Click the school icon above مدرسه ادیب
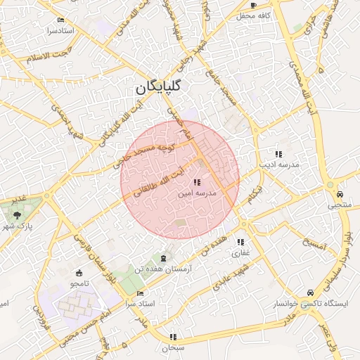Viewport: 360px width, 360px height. click(278, 153)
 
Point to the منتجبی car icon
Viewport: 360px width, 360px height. click(340, 194)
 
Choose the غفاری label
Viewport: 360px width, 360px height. click(241, 252)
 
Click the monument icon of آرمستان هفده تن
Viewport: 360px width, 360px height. click(165, 258)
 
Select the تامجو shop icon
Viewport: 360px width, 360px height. click(79, 273)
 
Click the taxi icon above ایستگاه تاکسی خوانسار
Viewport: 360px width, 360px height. click(310, 292)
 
